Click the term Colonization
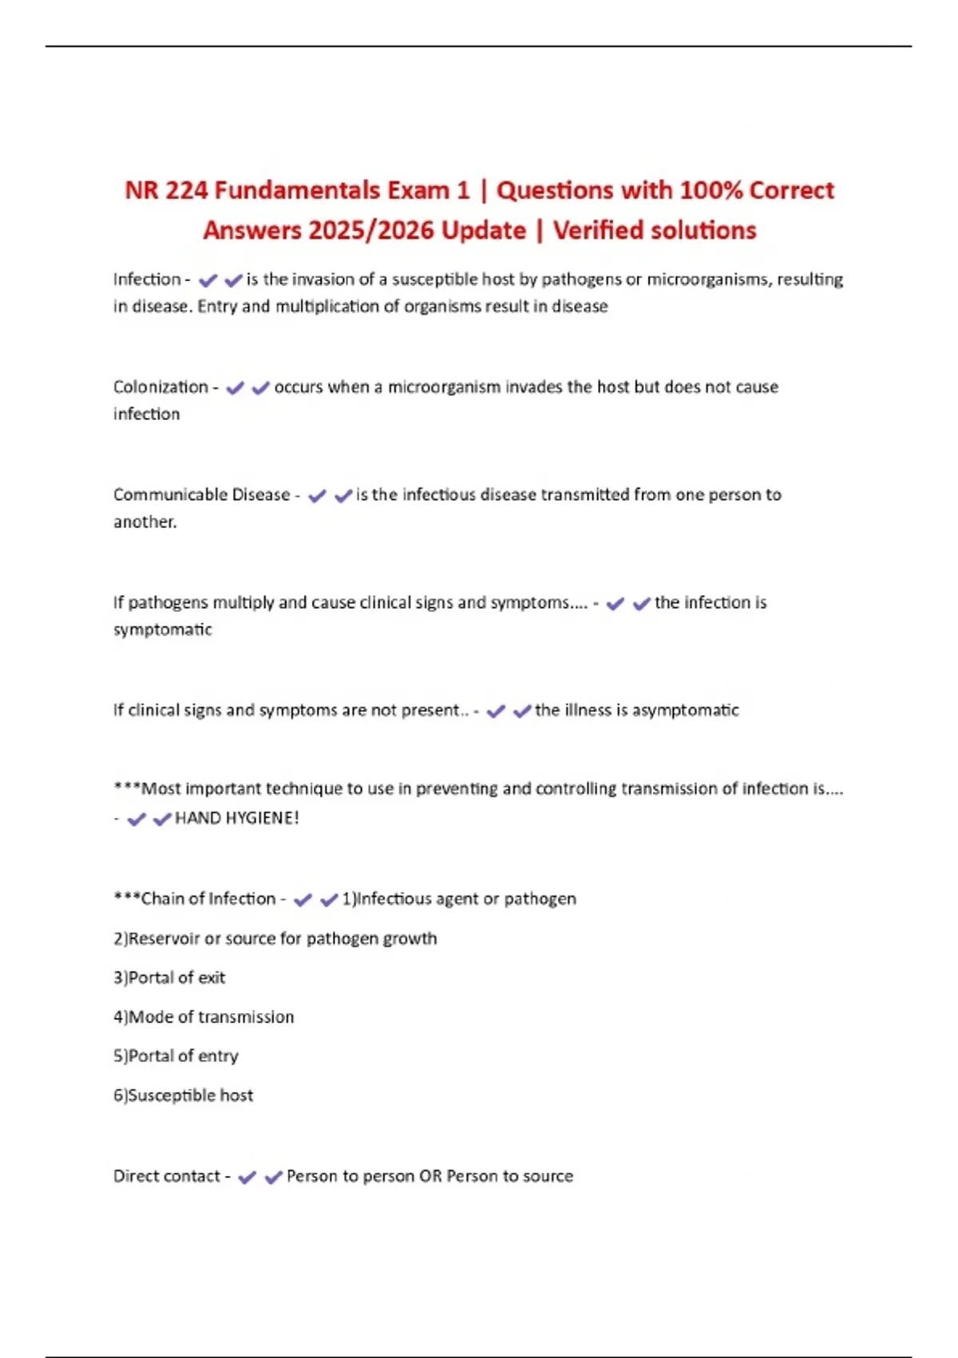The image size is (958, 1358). (x=160, y=387)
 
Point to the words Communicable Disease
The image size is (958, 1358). (x=201, y=494)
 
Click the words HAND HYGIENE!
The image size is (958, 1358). (x=236, y=818)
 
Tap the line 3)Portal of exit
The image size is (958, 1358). (x=169, y=978)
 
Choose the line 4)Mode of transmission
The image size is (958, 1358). (x=204, y=1017)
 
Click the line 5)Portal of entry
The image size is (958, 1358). (x=176, y=1056)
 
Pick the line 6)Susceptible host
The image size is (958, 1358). (x=183, y=1095)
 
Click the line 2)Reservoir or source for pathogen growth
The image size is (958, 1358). (x=275, y=939)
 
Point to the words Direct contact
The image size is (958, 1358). (x=166, y=1176)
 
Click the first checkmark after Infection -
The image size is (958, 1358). (x=208, y=280)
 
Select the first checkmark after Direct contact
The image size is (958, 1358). (x=247, y=1177)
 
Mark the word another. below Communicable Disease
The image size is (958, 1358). (x=144, y=522)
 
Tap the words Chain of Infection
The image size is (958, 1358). (x=208, y=899)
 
